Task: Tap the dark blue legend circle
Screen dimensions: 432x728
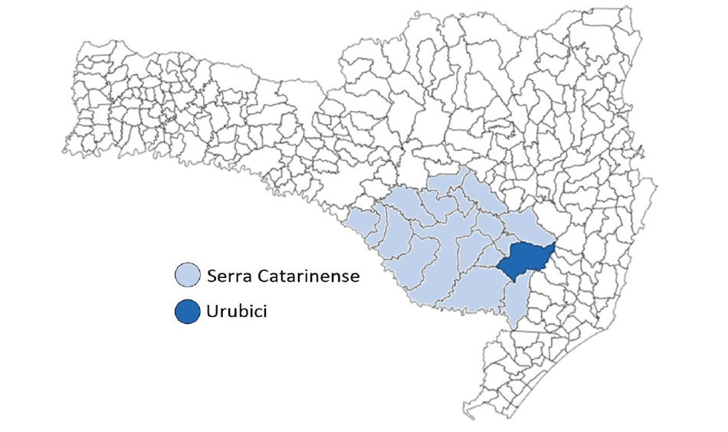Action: [x=186, y=313]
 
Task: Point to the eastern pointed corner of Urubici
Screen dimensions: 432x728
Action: [x=556, y=247]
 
